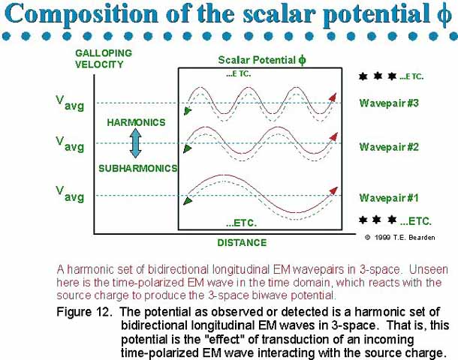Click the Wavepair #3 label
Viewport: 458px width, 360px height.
pyautogui.click(x=389, y=103)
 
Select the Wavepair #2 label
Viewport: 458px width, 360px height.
pyautogui.click(x=389, y=147)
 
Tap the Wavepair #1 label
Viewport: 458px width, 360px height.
pyautogui.click(x=389, y=198)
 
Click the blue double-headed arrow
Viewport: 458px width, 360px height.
pyautogui.click(x=136, y=143)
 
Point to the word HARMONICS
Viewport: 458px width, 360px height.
pyautogui.click(x=136, y=122)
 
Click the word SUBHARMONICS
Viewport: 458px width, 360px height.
pyautogui.click(x=138, y=168)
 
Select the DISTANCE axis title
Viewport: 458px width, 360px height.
pyautogui.click(x=243, y=243)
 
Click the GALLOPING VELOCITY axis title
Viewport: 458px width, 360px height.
pyautogui.click(x=104, y=58)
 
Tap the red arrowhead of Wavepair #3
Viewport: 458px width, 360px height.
pyautogui.click(x=333, y=97)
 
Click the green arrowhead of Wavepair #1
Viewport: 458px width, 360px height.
pyautogui.click(x=188, y=201)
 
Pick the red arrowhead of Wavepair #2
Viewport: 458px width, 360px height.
pyautogui.click(x=333, y=136)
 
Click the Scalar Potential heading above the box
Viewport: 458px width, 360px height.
pyautogui.click(x=262, y=60)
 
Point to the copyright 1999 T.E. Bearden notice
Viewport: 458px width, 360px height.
pyautogui.click(x=400, y=238)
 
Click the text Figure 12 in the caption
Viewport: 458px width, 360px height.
pyautogui.click(x=84, y=312)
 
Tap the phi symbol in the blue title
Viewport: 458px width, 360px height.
pyautogui.click(x=444, y=14)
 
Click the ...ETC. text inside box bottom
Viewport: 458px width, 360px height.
pyautogui.click(x=241, y=223)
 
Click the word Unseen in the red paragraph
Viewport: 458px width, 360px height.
pyautogui.click(x=428, y=269)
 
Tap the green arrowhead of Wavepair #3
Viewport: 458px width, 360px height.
pyautogui.click(x=188, y=111)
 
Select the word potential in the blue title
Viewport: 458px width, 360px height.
pyautogui.click(x=377, y=15)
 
